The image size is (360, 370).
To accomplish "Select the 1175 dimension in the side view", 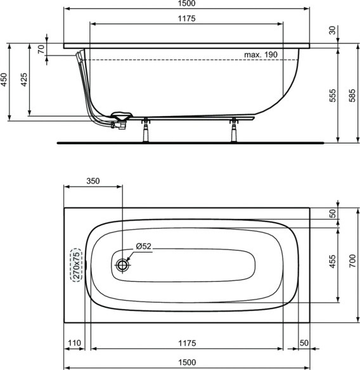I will click(x=186, y=18).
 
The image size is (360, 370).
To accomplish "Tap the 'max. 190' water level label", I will click(x=261, y=55).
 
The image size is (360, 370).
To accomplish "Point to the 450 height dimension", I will click(x=4, y=79).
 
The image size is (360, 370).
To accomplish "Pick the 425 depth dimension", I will click(x=24, y=79).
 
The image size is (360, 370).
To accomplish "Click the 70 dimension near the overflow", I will click(x=42, y=50).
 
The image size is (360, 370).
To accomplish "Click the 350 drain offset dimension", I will click(x=93, y=181).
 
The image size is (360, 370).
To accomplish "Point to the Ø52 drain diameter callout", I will click(x=145, y=246).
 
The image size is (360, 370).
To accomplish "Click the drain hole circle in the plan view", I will click(x=122, y=265).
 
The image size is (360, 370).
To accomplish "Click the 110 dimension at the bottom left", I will click(x=75, y=343).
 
